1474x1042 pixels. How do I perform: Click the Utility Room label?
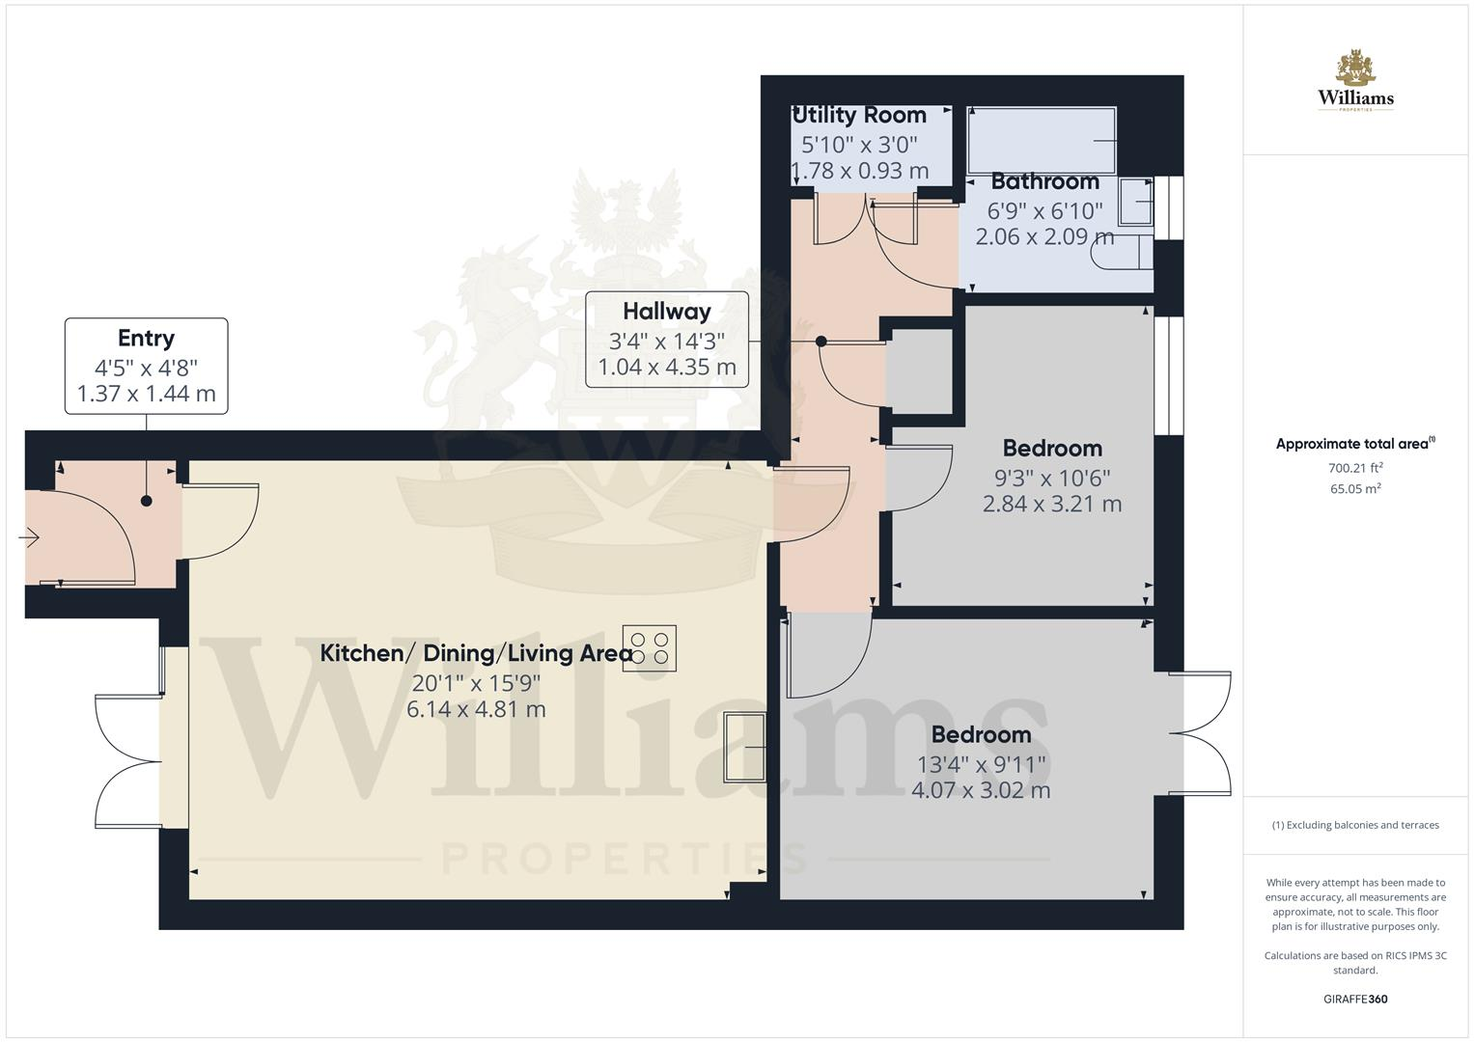(x=859, y=115)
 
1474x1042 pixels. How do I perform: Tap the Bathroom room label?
(x=1044, y=181)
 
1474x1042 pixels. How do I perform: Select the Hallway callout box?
(x=667, y=340)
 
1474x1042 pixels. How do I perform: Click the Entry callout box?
(x=147, y=366)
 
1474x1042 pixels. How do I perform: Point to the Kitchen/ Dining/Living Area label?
(x=476, y=653)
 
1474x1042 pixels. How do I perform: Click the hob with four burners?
(x=651, y=647)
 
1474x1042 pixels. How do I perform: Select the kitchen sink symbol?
(x=744, y=748)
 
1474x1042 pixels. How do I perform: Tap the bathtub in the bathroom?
(x=1042, y=141)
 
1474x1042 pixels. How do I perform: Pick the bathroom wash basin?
(x=1139, y=203)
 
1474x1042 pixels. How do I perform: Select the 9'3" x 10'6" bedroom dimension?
(x=1052, y=478)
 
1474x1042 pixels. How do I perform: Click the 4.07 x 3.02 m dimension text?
(x=981, y=790)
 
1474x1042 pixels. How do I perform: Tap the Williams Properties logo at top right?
(x=1355, y=81)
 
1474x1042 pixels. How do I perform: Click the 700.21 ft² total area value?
(x=1355, y=468)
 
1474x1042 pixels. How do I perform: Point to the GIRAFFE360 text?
(x=1355, y=999)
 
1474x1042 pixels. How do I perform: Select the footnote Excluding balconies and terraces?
(x=1355, y=825)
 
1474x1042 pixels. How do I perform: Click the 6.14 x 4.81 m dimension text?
(x=476, y=709)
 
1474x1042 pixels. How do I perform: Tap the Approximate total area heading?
(x=1355, y=444)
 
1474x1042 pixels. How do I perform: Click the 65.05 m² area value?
(x=1355, y=489)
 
